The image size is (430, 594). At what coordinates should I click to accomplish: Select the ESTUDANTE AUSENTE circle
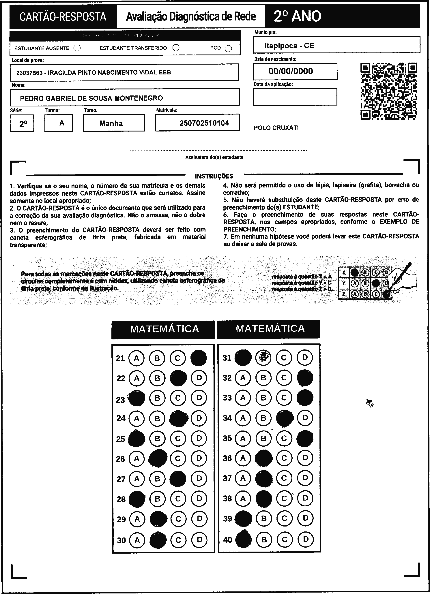[x=77, y=48]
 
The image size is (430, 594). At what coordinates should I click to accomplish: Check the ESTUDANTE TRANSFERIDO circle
[x=176, y=48]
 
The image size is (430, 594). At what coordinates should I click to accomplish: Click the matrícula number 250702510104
[x=204, y=123]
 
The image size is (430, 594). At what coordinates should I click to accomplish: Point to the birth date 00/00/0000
[x=291, y=71]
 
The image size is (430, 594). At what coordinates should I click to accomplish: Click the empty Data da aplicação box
[x=295, y=97]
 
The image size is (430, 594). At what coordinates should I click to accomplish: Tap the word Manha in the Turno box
[x=111, y=123]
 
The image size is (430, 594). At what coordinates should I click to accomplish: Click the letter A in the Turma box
[x=62, y=123]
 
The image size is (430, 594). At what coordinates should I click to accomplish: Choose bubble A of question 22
[x=137, y=378]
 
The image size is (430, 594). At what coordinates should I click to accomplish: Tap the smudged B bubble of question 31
[x=263, y=358]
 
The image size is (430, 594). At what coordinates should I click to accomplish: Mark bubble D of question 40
[x=305, y=539]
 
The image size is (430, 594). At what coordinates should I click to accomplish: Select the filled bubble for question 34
[x=285, y=418]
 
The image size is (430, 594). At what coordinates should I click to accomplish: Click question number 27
[x=121, y=479]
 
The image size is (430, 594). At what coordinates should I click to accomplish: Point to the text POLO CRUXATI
[x=276, y=128]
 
